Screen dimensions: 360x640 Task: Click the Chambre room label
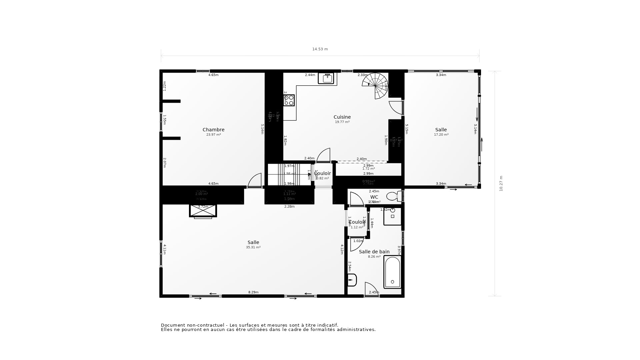click(213, 130)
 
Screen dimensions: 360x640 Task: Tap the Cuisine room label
click(342, 117)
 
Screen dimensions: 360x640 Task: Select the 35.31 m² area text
click(253, 247)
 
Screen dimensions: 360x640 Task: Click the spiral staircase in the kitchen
click(375, 85)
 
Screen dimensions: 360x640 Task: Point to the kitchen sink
click(326, 78)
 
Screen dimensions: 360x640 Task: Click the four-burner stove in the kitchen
click(289, 100)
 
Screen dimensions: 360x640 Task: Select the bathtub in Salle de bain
click(392, 272)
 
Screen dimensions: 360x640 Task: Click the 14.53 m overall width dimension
click(320, 49)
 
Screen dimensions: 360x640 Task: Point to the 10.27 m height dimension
click(501, 183)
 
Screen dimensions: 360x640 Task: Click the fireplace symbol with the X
click(203, 211)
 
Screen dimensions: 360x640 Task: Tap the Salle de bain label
click(374, 252)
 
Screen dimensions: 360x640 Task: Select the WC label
click(374, 197)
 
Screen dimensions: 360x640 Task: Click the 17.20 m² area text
click(441, 135)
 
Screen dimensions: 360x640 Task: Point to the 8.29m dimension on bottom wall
click(253, 292)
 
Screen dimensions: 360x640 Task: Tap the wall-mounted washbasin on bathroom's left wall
click(352, 280)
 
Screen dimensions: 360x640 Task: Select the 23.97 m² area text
click(213, 135)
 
